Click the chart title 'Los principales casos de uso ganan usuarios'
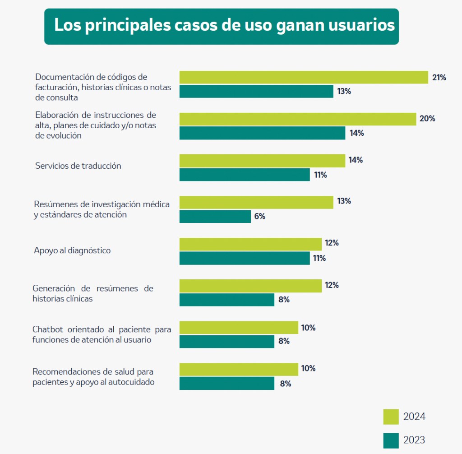coord(224,25)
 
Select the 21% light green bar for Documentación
coord(303,77)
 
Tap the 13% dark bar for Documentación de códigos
coord(256,92)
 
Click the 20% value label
coord(427,119)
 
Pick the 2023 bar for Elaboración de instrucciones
coord(262,133)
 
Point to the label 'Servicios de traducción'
coord(78,166)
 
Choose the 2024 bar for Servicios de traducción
coord(262,161)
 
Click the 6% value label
coord(259,216)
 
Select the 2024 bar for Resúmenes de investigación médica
coord(256,202)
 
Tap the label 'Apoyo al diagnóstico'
coord(72,250)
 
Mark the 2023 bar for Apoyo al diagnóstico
coord(244,258)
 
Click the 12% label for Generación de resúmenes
coord(332,285)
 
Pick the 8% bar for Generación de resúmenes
coord(226,300)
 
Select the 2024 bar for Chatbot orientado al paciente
coord(238,328)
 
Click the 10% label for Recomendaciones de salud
coord(308,368)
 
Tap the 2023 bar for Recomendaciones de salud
coord(226,384)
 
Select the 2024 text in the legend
coord(414,417)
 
